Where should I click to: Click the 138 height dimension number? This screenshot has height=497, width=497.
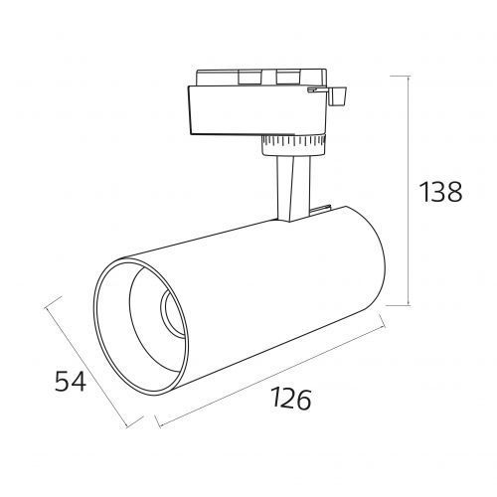(440, 192)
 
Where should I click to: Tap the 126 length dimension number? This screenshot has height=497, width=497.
(291, 399)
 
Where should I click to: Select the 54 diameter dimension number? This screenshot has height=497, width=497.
(71, 381)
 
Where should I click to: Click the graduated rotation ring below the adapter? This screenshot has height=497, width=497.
(293, 145)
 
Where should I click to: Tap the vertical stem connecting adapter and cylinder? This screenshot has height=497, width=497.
(294, 188)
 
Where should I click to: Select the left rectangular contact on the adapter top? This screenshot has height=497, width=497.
(250, 78)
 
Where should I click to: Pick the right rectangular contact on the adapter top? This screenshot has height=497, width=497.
(288, 77)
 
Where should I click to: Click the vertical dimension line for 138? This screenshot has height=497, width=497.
(409, 191)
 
